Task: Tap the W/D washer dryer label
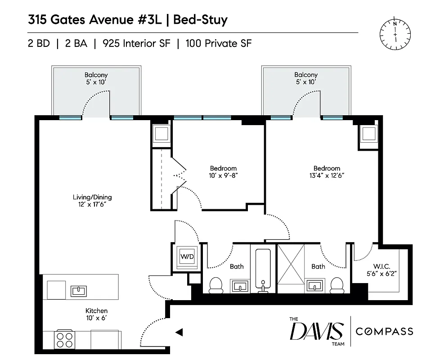tap(186, 257)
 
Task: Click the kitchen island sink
tap(79, 290)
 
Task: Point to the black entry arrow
tap(179, 332)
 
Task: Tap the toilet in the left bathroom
tap(216, 285)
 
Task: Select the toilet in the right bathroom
tap(336, 285)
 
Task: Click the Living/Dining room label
tap(92, 197)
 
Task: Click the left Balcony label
tap(96, 75)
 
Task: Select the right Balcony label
tap(306, 75)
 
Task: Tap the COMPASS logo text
tap(384, 332)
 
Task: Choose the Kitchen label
tap(97, 310)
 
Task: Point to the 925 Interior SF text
tap(137, 44)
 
